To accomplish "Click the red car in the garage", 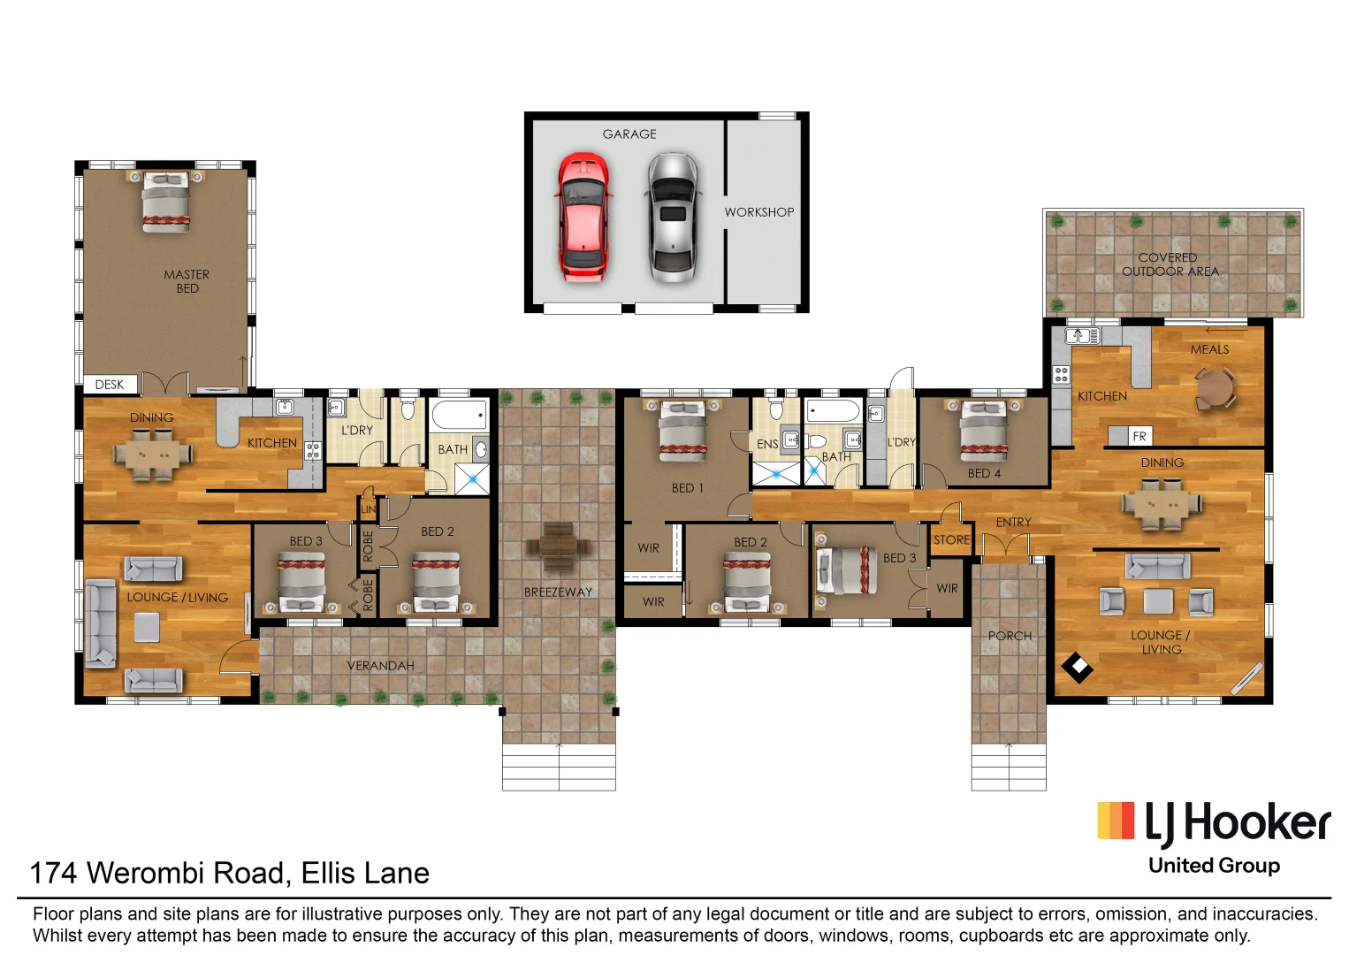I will click(x=583, y=217).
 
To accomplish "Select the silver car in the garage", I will click(x=673, y=217).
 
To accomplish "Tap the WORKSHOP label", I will click(x=758, y=212).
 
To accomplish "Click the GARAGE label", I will click(x=629, y=134).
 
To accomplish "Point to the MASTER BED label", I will click(x=187, y=281).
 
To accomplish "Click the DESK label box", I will click(x=110, y=385).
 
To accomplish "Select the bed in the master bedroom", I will click(x=166, y=202).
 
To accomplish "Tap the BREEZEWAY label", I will click(x=558, y=592).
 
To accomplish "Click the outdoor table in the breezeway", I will click(x=558, y=546).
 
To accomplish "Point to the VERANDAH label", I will click(x=380, y=666).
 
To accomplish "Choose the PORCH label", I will click(x=1010, y=636).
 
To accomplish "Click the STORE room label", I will click(x=951, y=539).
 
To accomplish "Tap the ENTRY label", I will click(x=1013, y=523).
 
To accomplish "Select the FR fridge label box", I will click(x=1139, y=436).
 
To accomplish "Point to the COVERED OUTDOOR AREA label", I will click(x=1170, y=264).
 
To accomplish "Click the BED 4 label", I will click(x=984, y=473).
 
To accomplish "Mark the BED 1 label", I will click(x=687, y=488).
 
